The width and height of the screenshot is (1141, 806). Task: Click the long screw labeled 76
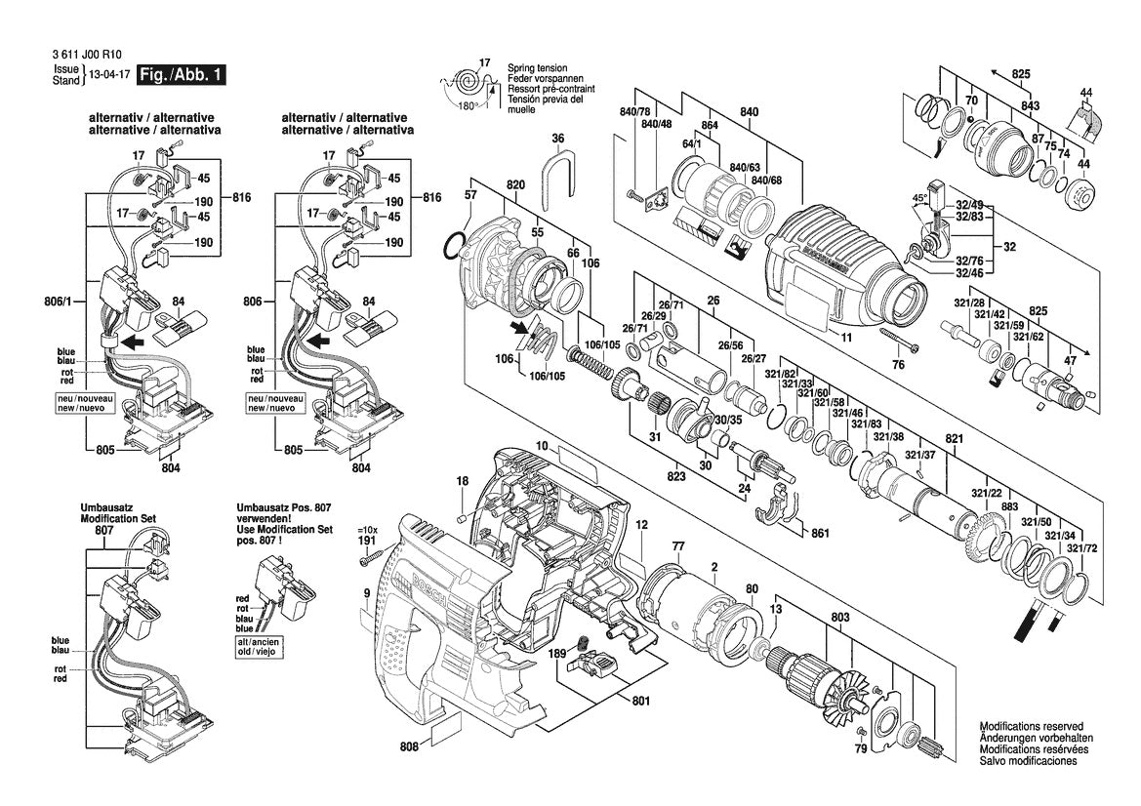[901, 342]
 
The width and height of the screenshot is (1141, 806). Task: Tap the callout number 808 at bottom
[410, 746]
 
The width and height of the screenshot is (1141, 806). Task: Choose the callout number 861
[820, 533]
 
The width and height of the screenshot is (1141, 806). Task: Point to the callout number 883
[1010, 506]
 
